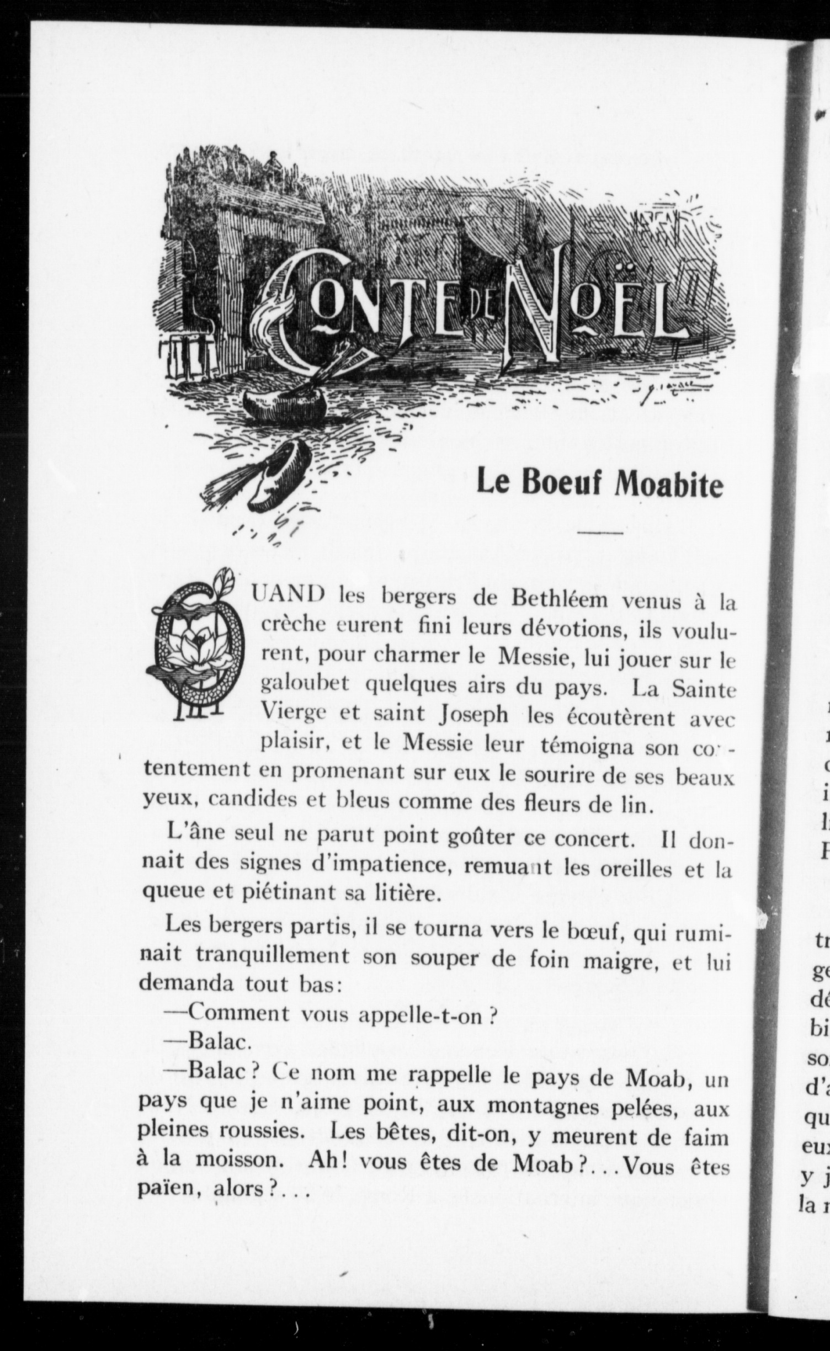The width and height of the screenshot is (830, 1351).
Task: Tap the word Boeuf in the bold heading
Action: point(565,482)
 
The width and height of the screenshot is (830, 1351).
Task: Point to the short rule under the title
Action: point(600,533)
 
